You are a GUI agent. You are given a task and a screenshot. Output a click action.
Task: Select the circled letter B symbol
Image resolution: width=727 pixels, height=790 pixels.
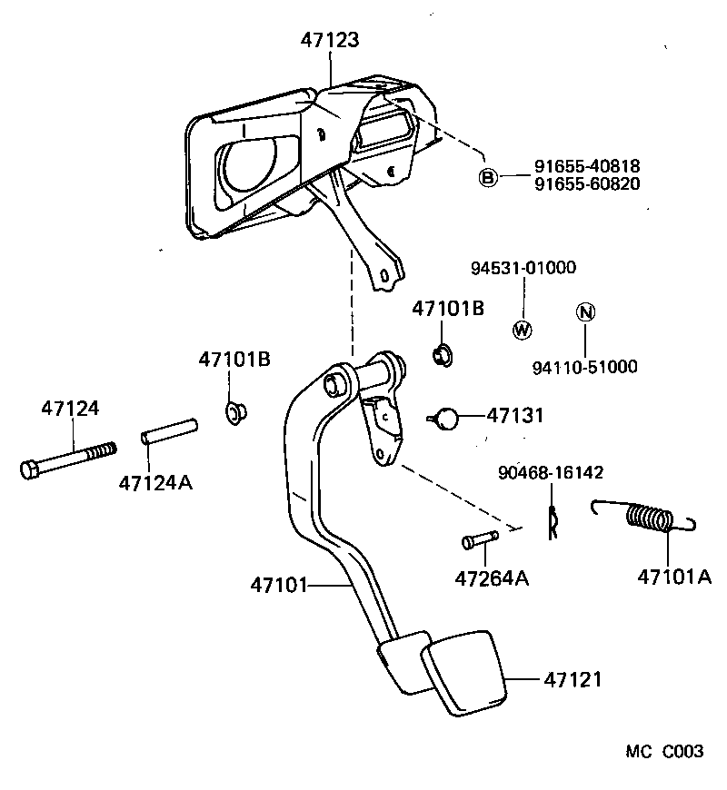pos(488,177)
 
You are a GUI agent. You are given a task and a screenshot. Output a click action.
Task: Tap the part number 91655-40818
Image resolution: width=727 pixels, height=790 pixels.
pos(587,167)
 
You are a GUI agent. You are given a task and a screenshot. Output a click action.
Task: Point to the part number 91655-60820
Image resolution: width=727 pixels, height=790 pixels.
pos(587,183)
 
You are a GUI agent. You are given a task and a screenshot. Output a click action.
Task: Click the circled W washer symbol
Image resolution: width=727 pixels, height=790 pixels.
pos(523,330)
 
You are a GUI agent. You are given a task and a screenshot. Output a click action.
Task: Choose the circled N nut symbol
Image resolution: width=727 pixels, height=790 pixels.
pos(585,313)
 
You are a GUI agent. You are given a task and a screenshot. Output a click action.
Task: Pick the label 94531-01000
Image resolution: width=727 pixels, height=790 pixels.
pos(523,269)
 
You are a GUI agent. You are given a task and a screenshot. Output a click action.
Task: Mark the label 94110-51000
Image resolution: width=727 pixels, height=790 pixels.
pos(584,367)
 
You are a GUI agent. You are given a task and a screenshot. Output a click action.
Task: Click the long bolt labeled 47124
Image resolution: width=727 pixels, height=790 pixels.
pos(68,459)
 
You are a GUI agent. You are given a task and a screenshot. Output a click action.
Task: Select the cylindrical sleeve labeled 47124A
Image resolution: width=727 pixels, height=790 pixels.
pos(168,431)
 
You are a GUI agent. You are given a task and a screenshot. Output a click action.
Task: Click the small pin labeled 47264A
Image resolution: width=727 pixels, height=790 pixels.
pos(479,540)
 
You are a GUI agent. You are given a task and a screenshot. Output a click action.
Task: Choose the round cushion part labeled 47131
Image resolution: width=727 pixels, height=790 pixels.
pos(443,418)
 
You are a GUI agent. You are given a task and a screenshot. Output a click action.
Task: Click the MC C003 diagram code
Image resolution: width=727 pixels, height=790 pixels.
pos(663,752)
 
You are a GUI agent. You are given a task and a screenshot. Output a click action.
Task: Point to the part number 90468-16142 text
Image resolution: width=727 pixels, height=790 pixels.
pos(551,473)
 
